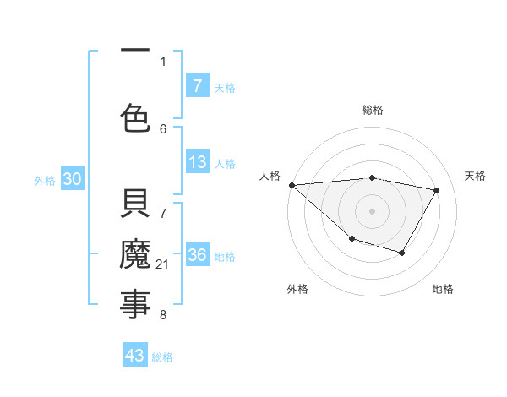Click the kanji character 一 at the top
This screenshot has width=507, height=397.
coord(135,52)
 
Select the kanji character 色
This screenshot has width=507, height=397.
coord(135,117)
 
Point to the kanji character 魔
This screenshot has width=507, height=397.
coord(135,255)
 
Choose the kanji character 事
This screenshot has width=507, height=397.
coord(135,304)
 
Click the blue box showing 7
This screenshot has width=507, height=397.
coord(197,85)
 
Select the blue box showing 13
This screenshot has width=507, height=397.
coord(197,163)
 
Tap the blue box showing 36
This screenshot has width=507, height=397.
coord(197,256)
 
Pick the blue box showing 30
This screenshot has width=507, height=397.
coord(72,180)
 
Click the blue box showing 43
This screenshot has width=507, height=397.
coord(135,356)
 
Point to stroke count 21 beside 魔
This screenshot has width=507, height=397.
coord(163,265)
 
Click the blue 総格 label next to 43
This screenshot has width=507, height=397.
coord(162,357)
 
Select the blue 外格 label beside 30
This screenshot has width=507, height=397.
coord(45,181)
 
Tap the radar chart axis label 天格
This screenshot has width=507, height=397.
coord(476,176)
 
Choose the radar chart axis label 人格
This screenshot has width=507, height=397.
coord(270,176)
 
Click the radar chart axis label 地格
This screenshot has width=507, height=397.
coord(443,289)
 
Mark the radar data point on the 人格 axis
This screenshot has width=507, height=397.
coord(292,185)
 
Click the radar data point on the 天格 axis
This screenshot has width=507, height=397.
coord(437,190)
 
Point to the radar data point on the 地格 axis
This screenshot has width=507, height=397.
coord(402,253)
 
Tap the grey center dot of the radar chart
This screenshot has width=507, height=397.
coord(372,211)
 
